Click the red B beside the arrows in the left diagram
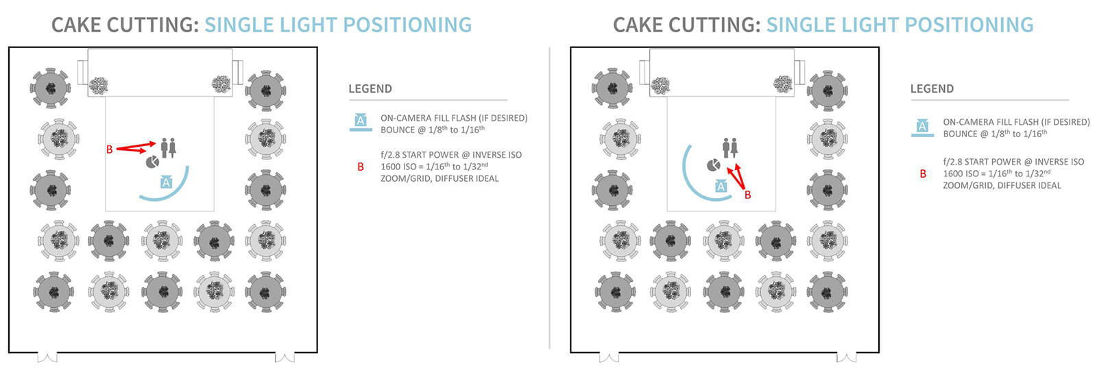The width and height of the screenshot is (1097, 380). (x=109, y=149)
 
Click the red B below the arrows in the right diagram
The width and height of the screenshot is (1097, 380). (x=747, y=195)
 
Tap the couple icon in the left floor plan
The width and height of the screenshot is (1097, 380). (x=168, y=147)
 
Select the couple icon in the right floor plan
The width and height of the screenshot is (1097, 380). (x=730, y=147)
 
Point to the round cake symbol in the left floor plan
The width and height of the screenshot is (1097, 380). (x=152, y=162)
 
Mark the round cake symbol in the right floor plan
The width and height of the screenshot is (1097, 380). (x=714, y=165)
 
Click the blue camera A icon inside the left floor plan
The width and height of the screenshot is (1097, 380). (x=166, y=182)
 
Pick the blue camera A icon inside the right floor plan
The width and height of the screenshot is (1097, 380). (x=720, y=186)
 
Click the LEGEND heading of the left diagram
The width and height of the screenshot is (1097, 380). (x=370, y=89)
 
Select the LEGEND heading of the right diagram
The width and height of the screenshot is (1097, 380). (x=932, y=89)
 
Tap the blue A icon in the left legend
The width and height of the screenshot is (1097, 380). (x=361, y=122)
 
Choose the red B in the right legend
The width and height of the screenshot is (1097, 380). (x=923, y=174)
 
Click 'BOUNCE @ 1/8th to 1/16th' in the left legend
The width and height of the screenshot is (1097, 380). (x=433, y=130)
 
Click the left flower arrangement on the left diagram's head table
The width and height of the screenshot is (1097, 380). (x=100, y=85)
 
